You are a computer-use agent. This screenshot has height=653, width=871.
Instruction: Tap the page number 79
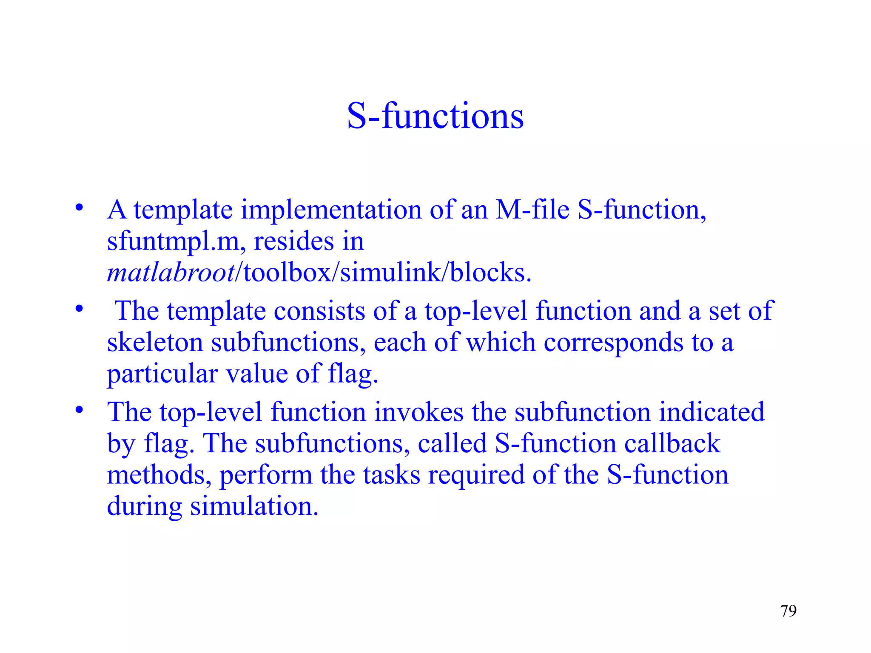pos(788,611)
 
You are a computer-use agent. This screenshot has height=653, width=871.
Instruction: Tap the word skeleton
pos(155,342)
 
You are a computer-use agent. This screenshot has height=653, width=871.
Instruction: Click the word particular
pos(162,374)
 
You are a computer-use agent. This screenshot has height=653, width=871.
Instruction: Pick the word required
pos(476,475)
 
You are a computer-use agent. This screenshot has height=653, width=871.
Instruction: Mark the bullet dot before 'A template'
pos(79,208)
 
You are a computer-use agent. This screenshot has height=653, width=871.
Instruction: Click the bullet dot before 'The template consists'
pos(79,309)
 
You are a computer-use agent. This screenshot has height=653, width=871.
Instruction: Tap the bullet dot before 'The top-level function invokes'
pos(79,410)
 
